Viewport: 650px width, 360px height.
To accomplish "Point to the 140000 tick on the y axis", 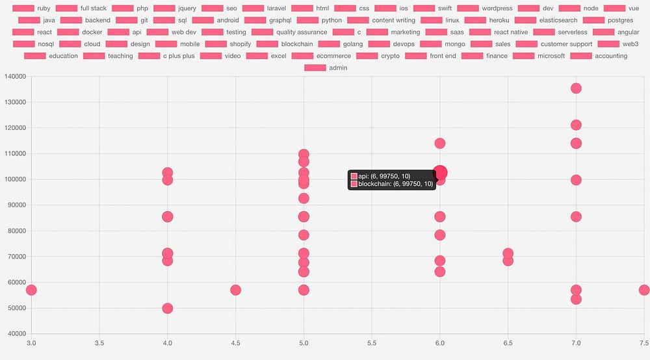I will click(x=14, y=77).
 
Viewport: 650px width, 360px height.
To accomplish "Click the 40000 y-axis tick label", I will click(x=16, y=334).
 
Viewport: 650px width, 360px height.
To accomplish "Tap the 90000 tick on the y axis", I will click(x=16, y=205).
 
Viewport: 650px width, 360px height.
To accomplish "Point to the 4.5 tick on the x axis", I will click(x=235, y=342).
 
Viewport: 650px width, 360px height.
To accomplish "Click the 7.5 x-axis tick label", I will click(x=642, y=342).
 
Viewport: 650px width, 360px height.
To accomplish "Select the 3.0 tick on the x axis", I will click(x=31, y=342).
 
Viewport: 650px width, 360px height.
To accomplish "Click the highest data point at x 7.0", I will click(x=575, y=88).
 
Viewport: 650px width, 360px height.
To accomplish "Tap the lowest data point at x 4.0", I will click(x=168, y=308).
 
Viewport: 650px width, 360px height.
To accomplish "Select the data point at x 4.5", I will click(x=235, y=290).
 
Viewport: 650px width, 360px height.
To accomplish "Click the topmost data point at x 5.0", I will click(x=304, y=155).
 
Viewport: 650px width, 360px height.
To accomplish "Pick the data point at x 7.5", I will click(x=643, y=290).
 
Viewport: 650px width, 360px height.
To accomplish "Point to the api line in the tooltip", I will click(x=383, y=176).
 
